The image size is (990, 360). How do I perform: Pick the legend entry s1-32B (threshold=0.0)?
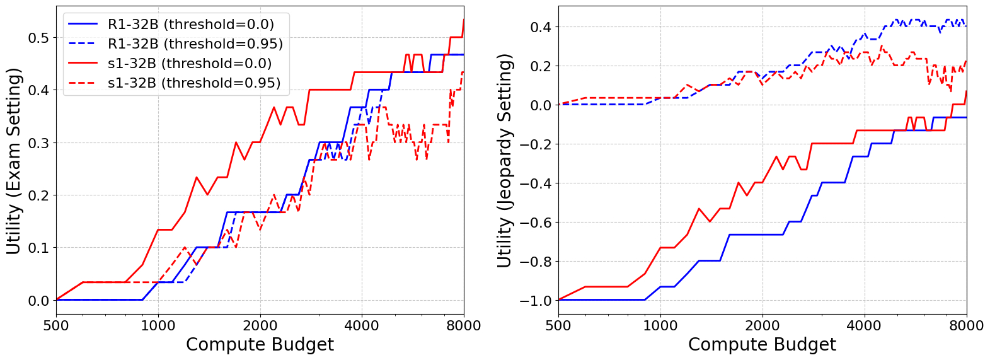(x=190, y=64)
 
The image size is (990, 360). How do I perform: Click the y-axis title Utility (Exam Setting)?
(x=14, y=161)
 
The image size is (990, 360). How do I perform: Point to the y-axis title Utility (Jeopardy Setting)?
(x=504, y=161)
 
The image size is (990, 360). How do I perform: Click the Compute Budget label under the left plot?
(x=260, y=345)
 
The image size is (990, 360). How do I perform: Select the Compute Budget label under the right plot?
(x=762, y=345)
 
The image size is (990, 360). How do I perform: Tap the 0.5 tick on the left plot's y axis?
(x=38, y=38)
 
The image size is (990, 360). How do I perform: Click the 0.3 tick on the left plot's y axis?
(x=38, y=143)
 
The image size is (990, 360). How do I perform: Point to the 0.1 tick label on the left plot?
(x=38, y=248)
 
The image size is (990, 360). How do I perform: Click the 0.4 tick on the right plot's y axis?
(x=541, y=27)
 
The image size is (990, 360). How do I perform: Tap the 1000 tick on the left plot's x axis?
(x=158, y=325)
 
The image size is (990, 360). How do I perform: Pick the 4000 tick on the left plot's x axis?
(x=362, y=325)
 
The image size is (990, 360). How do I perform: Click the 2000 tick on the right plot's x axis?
(x=762, y=325)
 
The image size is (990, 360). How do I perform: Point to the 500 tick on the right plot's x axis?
(x=558, y=325)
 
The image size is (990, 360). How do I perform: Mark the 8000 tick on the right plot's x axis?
(x=966, y=325)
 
